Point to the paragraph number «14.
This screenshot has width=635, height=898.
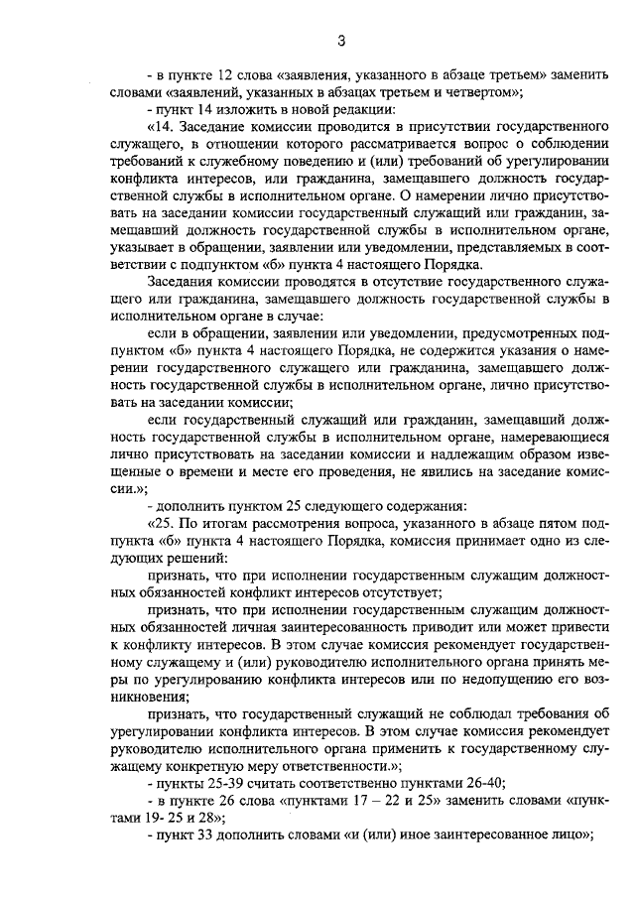click(159, 128)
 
